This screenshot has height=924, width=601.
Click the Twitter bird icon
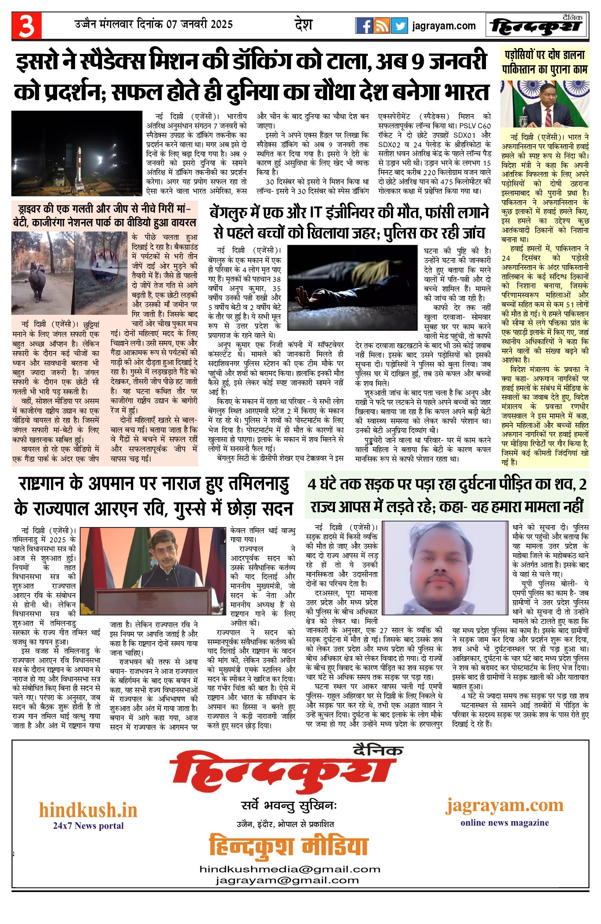click(x=399, y=26)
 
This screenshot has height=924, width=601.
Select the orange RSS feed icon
click(x=381, y=26)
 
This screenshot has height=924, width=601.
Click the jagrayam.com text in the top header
click(x=444, y=26)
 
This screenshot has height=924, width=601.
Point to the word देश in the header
click(x=303, y=25)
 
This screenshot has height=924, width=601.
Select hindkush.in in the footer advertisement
click(x=88, y=810)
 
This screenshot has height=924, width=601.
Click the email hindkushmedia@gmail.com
click(x=290, y=869)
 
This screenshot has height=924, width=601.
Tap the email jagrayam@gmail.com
click(x=287, y=880)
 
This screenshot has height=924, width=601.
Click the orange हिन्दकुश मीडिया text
click(x=289, y=846)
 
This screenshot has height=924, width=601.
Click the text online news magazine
click(x=504, y=822)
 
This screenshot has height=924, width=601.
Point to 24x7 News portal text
click(x=88, y=825)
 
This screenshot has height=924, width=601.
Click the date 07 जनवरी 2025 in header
click(x=200, y=24)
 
